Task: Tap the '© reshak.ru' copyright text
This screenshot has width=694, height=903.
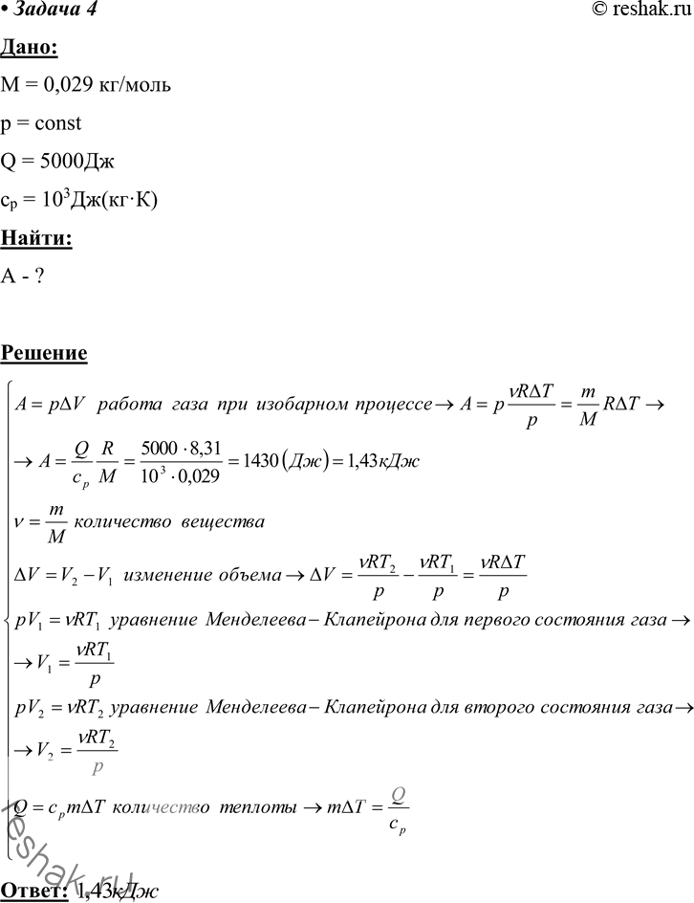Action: tap(639, 11)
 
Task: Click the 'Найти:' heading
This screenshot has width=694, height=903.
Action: tap(36, 238)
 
